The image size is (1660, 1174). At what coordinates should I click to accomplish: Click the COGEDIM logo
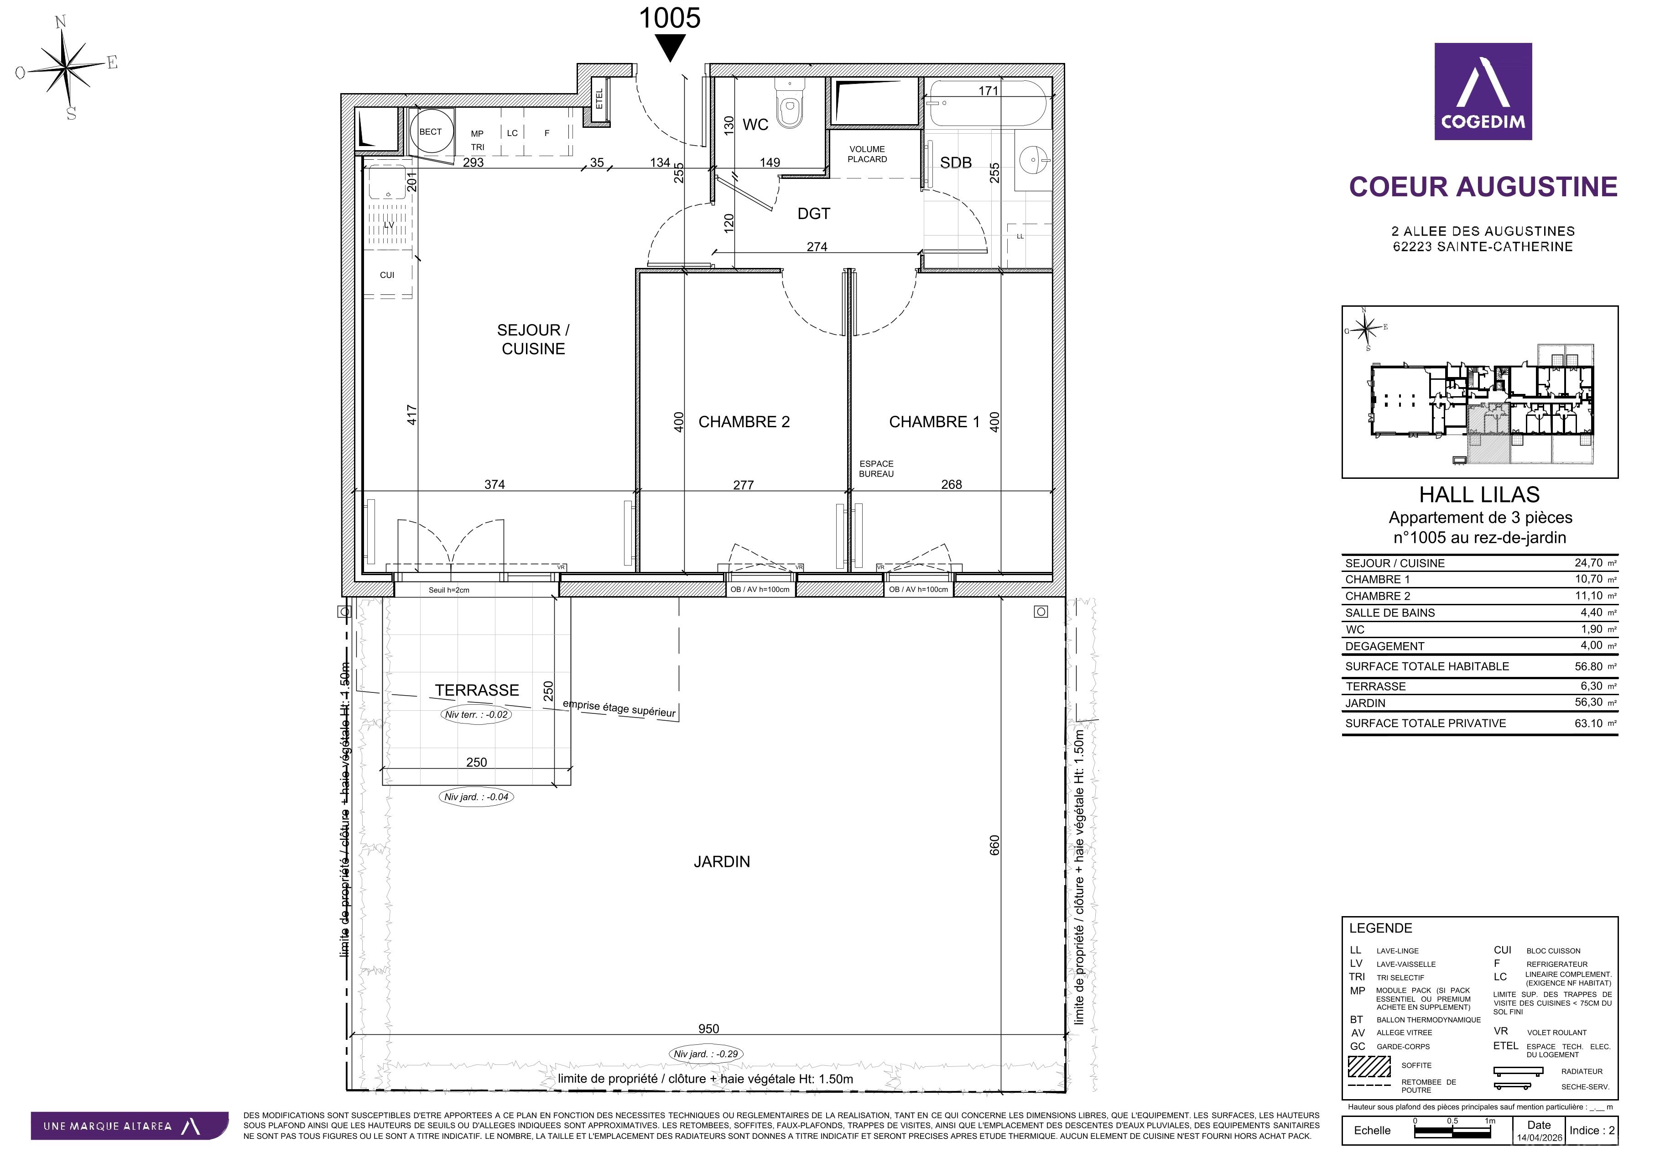tap(1483, 91)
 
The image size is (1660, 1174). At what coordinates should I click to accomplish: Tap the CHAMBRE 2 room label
tap(744, 422)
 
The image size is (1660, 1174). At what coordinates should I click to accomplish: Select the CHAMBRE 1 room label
tap(934, 422)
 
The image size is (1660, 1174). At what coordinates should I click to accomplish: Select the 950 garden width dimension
tap(708, 1028)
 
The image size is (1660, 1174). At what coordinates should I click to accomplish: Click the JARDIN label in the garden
tap(722, 861)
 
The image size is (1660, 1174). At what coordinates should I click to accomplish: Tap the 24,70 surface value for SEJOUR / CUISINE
tap(1588, 563)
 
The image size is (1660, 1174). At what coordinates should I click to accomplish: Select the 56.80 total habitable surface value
tap(1588, 666)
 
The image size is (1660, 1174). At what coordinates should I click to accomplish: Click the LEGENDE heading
tap(1380, 928)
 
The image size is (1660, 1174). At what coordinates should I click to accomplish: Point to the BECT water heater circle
tap(431, 131)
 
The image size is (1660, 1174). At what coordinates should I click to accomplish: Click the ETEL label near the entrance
tap(599, 99)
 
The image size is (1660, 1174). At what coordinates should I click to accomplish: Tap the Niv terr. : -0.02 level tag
tap(476, 715)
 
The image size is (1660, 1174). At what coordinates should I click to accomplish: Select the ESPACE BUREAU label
tap(876, 469)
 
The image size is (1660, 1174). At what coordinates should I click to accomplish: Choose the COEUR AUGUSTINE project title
tap(1483, 187)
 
